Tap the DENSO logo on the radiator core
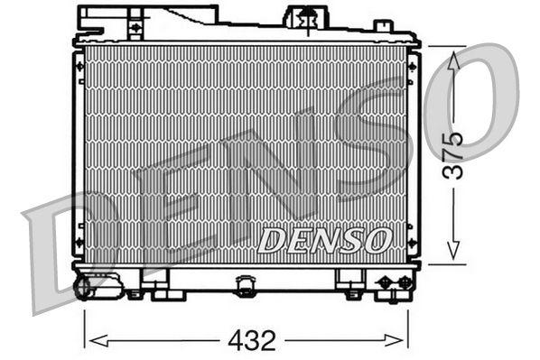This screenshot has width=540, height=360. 325,240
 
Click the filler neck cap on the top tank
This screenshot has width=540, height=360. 305,16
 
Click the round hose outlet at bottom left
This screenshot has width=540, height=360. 84,287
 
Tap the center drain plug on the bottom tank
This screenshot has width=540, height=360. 245,286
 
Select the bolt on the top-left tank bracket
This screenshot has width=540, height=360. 135,28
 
